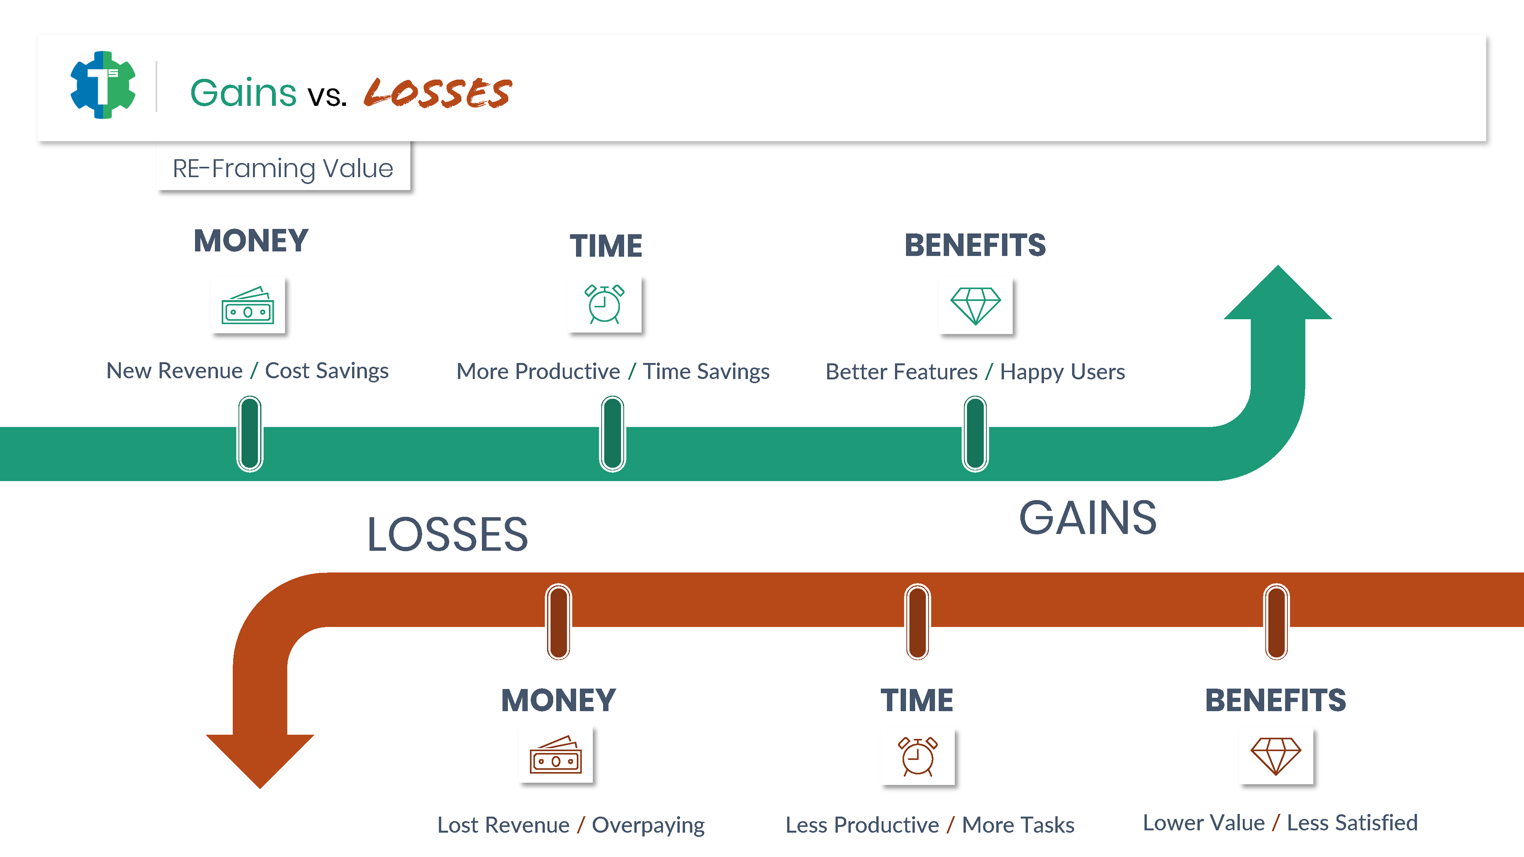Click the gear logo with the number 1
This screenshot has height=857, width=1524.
103,85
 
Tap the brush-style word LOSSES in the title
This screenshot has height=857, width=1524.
438,92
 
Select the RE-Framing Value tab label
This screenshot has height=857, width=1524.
283,169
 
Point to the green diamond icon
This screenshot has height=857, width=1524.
976,306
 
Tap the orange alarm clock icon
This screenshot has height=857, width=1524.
917,757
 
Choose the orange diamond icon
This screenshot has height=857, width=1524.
1276,756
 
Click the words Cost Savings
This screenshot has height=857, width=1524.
327,371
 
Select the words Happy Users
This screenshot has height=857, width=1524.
1062,372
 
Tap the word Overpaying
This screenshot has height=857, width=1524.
648,825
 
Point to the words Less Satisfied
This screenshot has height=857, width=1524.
1353,823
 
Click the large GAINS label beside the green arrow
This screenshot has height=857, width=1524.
1087,518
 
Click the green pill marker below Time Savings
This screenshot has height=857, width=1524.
612,434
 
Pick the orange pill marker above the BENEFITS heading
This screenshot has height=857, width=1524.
1276,622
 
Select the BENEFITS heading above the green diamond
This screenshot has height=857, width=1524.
975,246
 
